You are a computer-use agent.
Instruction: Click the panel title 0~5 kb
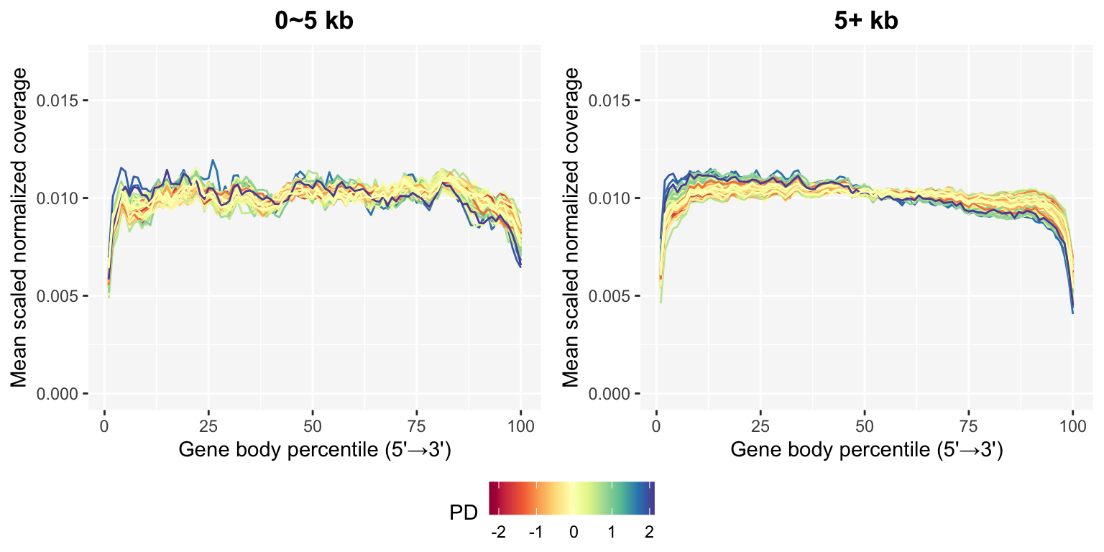tap(314, 21)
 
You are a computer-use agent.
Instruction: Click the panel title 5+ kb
tap(866, 21)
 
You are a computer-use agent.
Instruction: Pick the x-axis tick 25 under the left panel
tap(208, 425)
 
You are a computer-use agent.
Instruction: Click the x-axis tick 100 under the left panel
tap(520, 425)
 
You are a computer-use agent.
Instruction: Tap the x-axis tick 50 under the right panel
tap(865, 425)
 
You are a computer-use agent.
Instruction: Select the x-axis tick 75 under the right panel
tap(968, 425)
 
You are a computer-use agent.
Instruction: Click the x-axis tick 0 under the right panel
tap(656, 425)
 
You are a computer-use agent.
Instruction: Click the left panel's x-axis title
tap(314, 451)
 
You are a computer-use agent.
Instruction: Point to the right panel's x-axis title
tap(866, 451)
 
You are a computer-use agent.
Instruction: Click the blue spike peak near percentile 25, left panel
tap(212, 160)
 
